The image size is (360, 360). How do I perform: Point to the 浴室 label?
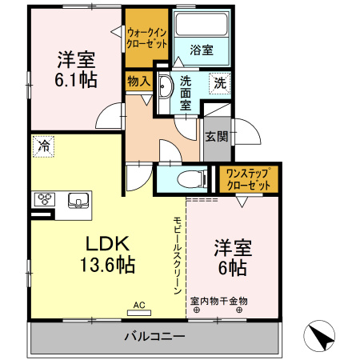[x=201, y=50]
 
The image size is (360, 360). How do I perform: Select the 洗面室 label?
[x=186, y=92]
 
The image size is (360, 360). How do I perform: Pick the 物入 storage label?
[x=138, y=81]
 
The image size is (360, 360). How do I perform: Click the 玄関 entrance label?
[x=214, y=136]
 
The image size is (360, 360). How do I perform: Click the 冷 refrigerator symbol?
[x=43, y=146]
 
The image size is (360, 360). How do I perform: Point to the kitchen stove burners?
[x=45, y=199]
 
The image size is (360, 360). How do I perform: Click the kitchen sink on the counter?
[x=78, y=199]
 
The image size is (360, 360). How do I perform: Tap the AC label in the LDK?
[x=139, y=305]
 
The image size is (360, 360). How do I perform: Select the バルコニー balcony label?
[x=155, y=335]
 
